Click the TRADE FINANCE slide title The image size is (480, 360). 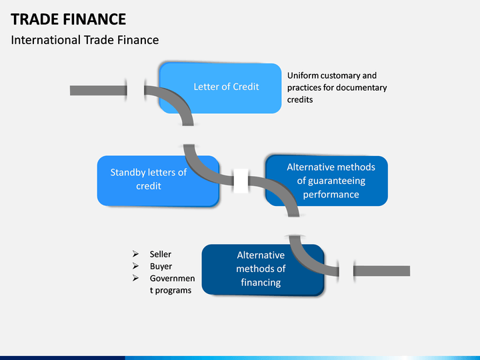(68, 19)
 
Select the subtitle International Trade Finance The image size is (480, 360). (85, 40)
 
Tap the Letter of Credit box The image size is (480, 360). (221, 88)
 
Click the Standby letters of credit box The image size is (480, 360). (158, 181)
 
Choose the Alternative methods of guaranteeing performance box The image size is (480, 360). (327, 181)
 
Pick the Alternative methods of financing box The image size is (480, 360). (263, 270)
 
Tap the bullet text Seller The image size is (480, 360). (161, 254)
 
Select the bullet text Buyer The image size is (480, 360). (161, 266)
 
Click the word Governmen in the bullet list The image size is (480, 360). (172, 278)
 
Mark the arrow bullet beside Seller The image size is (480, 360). (135, 254)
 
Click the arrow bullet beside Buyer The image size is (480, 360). (135, 266)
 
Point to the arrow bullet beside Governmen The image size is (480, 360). (135, 278)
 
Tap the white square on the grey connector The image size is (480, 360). (241, 181)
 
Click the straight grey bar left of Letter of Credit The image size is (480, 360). (98, 91)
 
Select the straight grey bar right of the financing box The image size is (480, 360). (381, 271)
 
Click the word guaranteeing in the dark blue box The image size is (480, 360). (331, 181)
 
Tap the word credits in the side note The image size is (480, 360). (300, 100)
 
